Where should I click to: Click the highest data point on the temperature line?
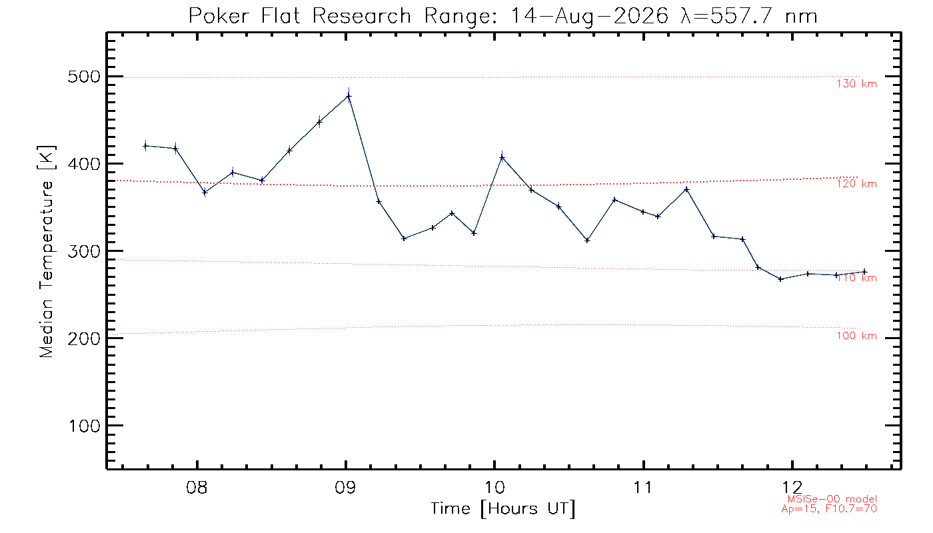[x=349, y=97]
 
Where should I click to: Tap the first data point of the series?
[x=145, y=146]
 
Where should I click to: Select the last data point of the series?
[x=864, y=272]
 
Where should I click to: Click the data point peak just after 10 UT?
[x=502, y=158]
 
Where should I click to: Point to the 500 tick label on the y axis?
[x=84, y=77]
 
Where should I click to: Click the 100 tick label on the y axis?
[x=84, y=426]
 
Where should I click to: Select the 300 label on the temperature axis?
[x=84, y=251]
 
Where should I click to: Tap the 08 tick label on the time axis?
[x=197, y=487]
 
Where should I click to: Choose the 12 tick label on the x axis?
[x=792, y=487]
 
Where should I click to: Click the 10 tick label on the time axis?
[x=494, y=487]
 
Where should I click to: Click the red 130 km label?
[x=857, y=84]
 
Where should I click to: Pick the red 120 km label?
[x=857, y=184]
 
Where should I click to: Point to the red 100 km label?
[x=857, y=336]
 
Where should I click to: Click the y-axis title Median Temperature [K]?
[x=46, y=252]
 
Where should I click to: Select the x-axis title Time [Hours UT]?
[x=502, y=509]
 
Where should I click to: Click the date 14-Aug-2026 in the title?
[x=589, y=16]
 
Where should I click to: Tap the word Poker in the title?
[x=219, y=16]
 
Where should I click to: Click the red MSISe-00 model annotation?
[x=832, y=499]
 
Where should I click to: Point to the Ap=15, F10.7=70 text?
[x=829, y=509]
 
